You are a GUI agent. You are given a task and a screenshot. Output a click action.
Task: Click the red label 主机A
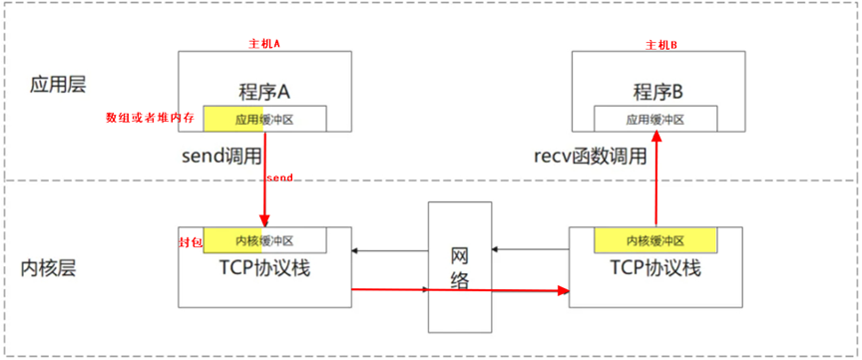(x=265, y=45)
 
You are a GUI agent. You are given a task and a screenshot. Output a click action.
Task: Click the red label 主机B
(x=661, y=45)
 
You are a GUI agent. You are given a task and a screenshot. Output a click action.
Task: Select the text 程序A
(x=264, y=92)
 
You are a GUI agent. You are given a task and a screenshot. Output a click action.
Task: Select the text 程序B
(x=657, y=92)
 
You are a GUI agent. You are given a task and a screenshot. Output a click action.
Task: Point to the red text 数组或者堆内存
(x=152, y=118)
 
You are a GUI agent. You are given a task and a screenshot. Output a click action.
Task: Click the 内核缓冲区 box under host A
(x=264, y=240)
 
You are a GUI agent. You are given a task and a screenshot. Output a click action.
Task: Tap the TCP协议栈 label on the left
(x=264, y=268)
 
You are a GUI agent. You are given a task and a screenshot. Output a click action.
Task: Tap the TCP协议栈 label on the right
(x=655, y=268)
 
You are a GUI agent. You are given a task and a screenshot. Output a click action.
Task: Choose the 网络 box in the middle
(x=459, y=266)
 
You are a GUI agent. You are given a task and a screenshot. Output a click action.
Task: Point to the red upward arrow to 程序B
(x=655, y=180)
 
